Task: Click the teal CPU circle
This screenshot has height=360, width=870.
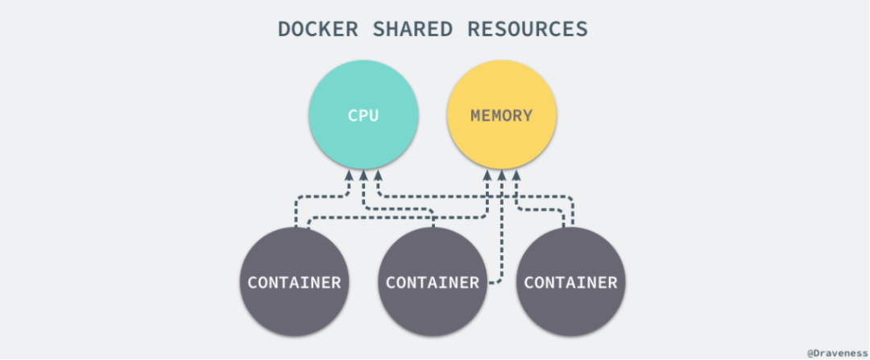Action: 363,115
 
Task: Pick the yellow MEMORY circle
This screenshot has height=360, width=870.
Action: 501,115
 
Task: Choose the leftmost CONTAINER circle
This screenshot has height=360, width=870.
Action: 294,283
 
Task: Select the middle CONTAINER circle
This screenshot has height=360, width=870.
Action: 433,283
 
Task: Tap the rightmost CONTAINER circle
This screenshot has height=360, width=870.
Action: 570,283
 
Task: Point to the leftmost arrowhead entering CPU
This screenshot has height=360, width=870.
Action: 348,175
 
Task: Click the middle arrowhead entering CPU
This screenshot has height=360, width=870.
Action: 363,175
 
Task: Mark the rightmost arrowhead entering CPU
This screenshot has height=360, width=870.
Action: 379,175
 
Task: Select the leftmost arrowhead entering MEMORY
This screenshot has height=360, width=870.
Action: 487,175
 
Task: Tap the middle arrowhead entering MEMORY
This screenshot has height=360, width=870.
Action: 502,175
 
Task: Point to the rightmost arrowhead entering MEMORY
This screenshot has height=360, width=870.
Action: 517,175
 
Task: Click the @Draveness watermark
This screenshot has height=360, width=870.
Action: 837,352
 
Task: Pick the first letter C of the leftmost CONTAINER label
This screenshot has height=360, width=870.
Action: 253,283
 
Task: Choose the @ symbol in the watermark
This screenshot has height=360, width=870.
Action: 810,352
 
